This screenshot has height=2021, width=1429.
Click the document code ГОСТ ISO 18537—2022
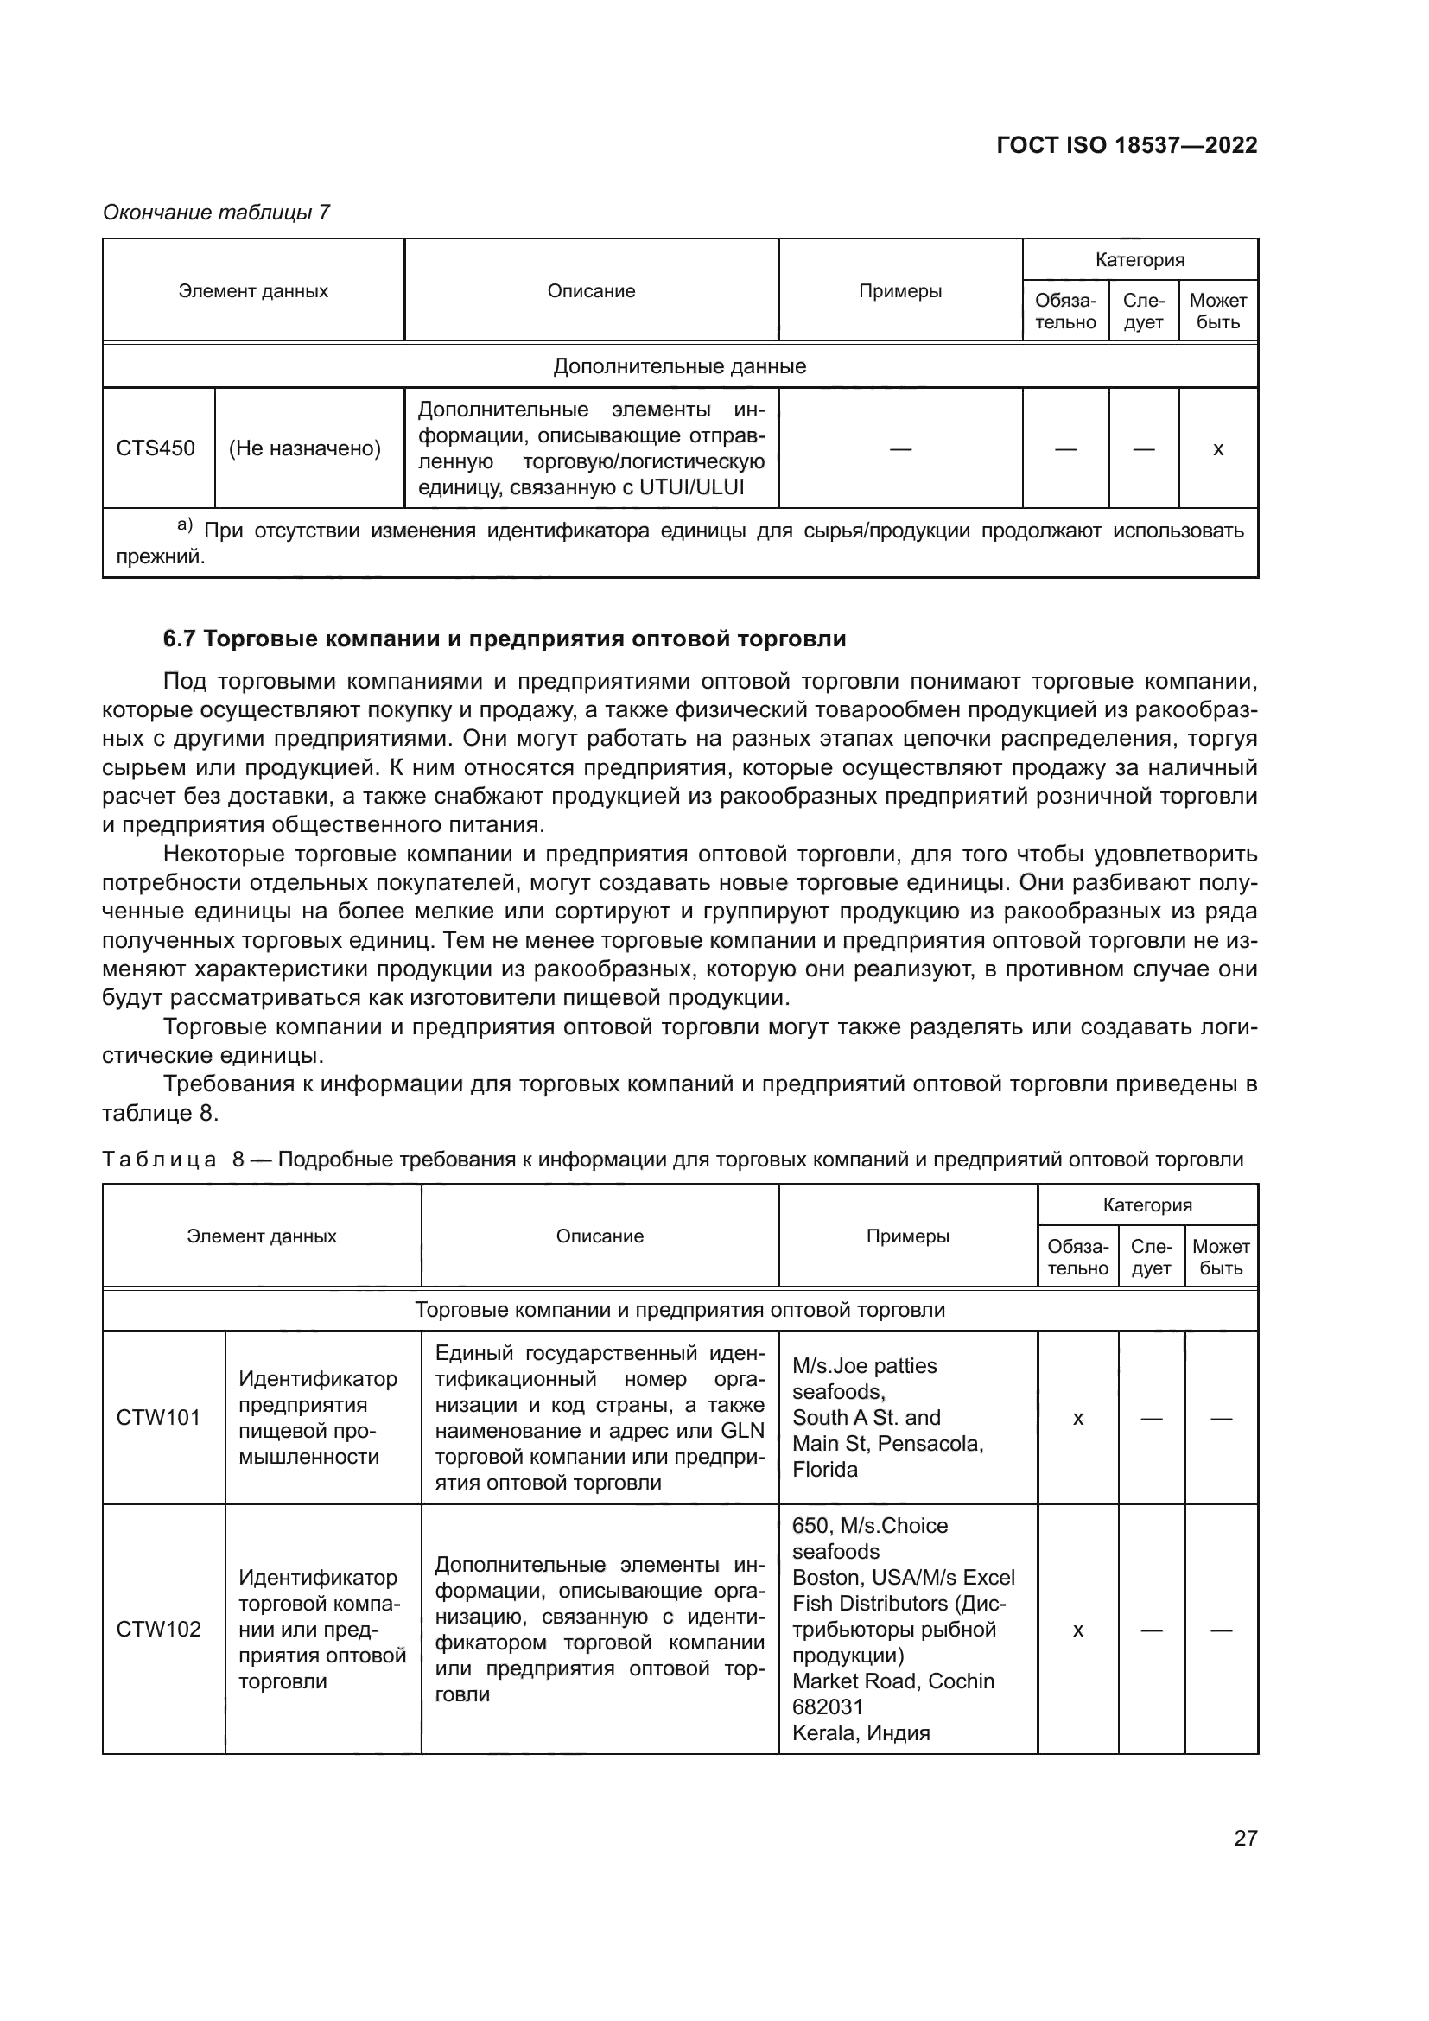1127,145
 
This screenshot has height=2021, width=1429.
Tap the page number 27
1245,1838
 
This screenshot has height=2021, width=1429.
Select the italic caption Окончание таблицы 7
217,213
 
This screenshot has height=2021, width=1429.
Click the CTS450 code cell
156,448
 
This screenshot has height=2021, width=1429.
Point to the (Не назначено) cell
304,449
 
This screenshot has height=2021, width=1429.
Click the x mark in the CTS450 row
1218,449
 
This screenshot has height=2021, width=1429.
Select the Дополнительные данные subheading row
679,366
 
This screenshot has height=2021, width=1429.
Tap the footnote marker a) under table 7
185,525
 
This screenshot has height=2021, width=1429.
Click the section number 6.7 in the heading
179,639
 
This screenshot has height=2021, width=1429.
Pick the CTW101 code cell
158,1417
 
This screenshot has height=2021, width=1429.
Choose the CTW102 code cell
158,1629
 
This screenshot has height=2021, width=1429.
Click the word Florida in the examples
824,1469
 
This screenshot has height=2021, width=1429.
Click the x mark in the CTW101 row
1078,1418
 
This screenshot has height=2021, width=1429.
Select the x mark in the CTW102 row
1078,1630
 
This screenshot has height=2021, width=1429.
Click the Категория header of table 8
1147,1205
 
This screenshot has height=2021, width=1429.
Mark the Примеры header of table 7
900,291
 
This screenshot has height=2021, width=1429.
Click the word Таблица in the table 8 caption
159,1160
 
